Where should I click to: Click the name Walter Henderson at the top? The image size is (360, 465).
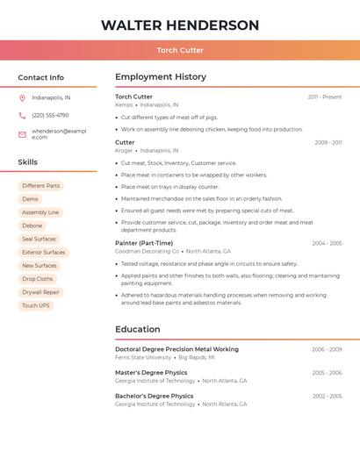pyautogui.click(x=180, y=25)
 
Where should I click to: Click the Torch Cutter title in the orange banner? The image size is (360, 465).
pyautogui.click(x=180, y=50)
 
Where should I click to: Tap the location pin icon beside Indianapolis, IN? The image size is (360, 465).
pyautogui.click(x=22, y=97)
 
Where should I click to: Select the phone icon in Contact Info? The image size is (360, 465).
pyautogui.click(x=22, y=115)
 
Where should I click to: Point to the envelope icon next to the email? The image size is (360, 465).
pyautogui.click(x=22, y=134)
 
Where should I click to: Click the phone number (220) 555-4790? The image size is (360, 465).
pyautogui.click(x=50, y=115)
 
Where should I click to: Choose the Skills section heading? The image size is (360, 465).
pyautogui.click(x=28, y=162)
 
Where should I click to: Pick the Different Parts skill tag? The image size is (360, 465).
pyautogui.click(x=41, y=186)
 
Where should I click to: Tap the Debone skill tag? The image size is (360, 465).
pyautogui.click(x=32, y=225)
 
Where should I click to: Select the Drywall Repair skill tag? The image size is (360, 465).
pyautogui.click(x=40, y=292)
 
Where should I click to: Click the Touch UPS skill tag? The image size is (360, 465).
pyautogui.click(x=36, y=305)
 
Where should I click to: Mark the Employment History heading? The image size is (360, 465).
pyautogui.click(x=161, y=77)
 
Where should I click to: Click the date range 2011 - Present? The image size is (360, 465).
pyautogui.click(x=325, y=97)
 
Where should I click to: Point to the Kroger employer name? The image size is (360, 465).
pyautogui.click(x=124, y=150)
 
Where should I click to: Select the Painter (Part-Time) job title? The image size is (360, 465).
pyautogui.click(x=144, y=243)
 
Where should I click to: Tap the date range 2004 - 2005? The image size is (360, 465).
pyautogui.click(x=327, y=243)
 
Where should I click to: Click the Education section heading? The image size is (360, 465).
pyautogui.click(x=138, y=330)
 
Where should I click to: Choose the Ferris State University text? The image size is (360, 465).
pyautogui.click(x=143, y=358)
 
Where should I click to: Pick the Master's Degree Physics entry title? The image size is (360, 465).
pyautogui.click(x=151, y=373)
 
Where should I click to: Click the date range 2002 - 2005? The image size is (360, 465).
pyautogui.click(x=327, y=396)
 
